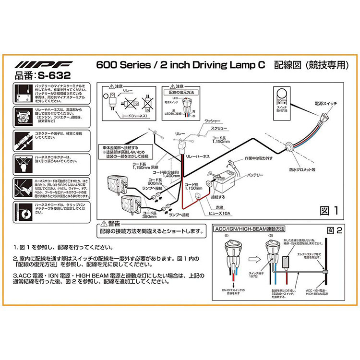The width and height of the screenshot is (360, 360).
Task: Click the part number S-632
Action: coord(42,75)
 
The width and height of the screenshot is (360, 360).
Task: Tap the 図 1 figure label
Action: coord(328,210)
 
